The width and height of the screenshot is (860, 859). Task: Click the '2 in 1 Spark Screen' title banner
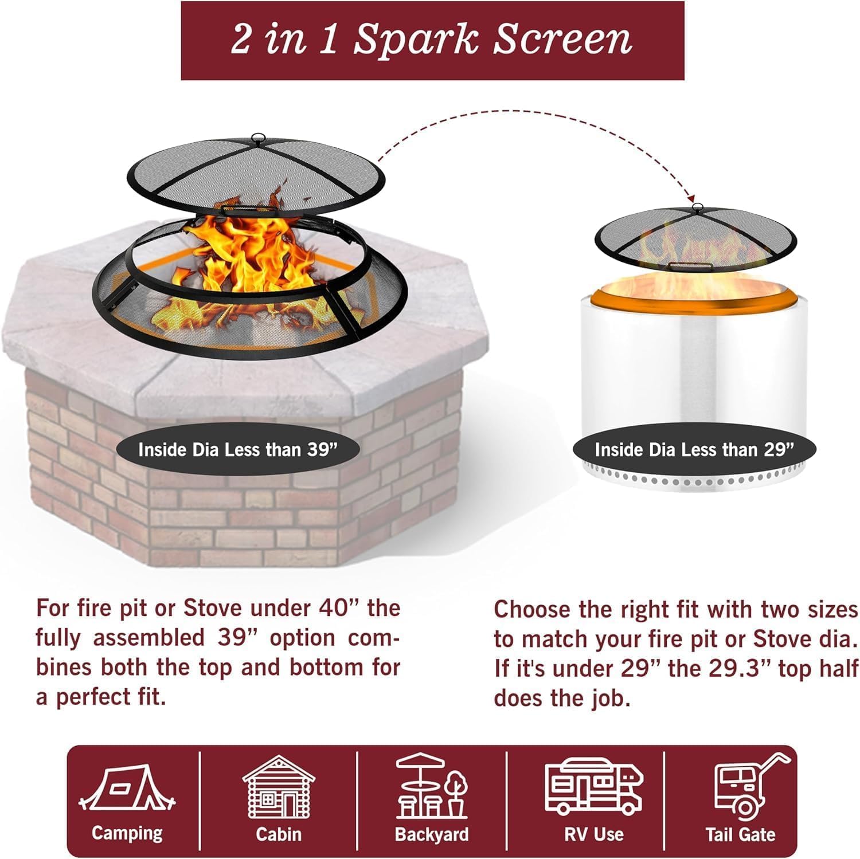coord(432,40)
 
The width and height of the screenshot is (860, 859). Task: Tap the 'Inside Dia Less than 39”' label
coord(237,449)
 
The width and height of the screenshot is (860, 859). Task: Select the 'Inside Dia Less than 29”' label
coord(694,449)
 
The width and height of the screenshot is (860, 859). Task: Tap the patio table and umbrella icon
coord(432,786)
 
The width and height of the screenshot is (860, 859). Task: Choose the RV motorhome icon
coord(593,786)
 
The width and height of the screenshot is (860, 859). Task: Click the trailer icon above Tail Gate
coord(745,786)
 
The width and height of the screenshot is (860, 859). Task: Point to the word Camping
coord(127,833)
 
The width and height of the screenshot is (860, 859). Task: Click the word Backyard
coord(432,834)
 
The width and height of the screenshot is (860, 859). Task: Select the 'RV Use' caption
coord(593,834)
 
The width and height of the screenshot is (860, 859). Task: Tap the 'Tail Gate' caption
coord(740,834)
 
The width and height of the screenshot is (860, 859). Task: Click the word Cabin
coord(279,834)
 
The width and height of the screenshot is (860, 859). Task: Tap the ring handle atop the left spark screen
coord(259,138)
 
